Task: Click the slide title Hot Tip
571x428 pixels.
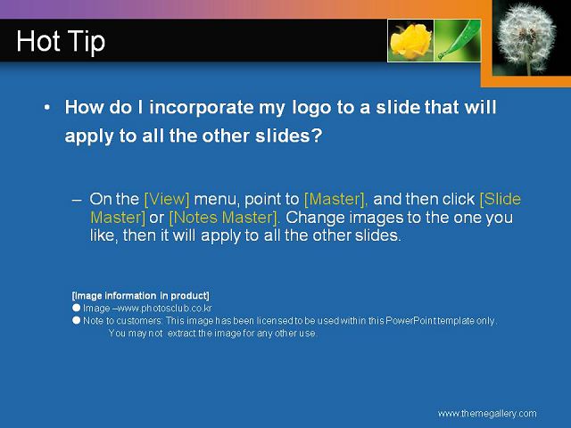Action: (61, 42)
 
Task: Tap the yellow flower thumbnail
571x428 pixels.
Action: (410, 40)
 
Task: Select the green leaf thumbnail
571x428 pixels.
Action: (458, 40)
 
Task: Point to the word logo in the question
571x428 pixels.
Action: (312, 108)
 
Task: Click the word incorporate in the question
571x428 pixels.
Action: (202, 108)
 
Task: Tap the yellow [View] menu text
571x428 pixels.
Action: (167, 199)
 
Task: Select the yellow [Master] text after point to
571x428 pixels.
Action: (335, 199)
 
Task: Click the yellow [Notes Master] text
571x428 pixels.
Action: (224, 218)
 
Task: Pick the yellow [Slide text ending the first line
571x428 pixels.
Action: (501, 199)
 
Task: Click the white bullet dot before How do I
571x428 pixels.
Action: (46, 107)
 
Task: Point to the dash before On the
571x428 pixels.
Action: (77, 200)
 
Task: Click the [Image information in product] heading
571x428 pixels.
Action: (141, 295)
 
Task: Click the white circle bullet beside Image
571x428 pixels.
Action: (76, 308)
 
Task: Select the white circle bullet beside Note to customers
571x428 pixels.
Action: (76, 320)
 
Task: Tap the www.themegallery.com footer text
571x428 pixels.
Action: (487, 414)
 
